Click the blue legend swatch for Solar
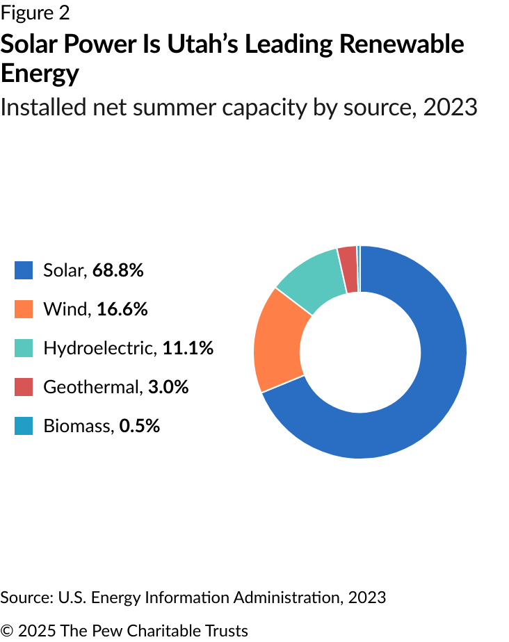click(24, 270)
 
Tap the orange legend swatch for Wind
click(24, 309)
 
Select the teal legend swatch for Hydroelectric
click(24, 348)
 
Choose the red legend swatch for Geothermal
click(24, 387)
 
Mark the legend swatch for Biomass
click(24, 426)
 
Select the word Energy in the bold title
click(40, 74)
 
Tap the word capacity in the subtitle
click(289, 108)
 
